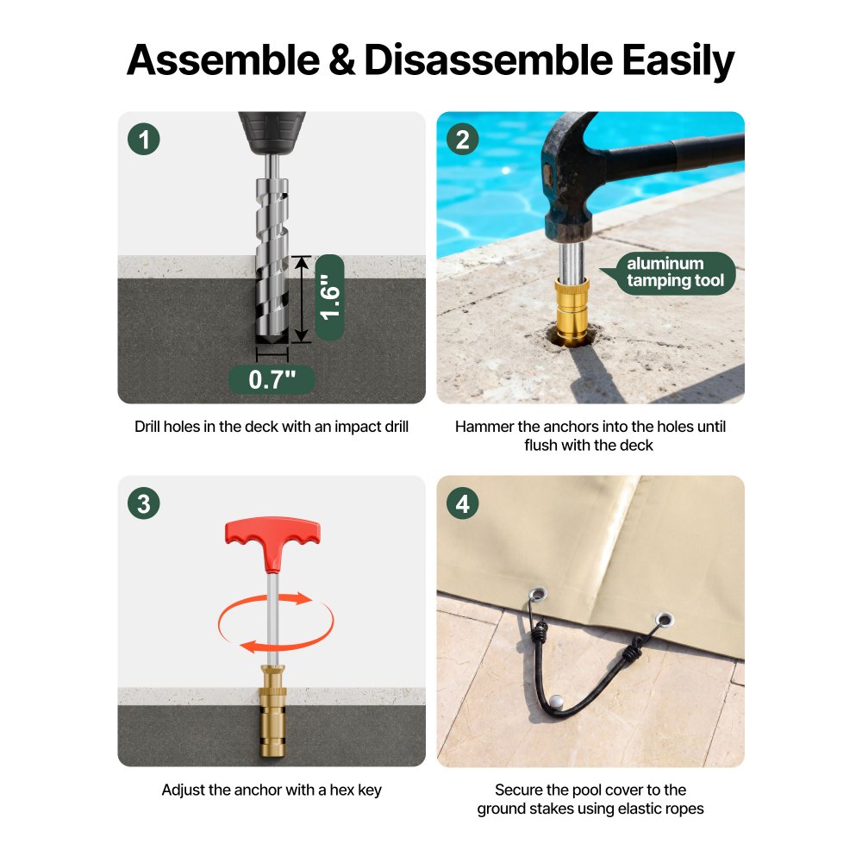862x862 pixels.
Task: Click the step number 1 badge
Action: coord(143,139)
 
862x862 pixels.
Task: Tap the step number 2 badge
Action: coord(462,139)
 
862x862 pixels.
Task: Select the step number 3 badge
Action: coord(143,503)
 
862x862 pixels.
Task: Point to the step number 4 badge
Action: coord(462,503)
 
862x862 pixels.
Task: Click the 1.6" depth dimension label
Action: coord(330,297)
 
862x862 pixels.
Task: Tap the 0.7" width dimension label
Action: coord(272,379)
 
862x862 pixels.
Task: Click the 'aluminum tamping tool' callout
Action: coord(675,272)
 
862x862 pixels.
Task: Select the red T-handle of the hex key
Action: coord(272,541)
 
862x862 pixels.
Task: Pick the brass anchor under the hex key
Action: coord(272,711)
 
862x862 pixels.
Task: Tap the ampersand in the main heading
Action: coord(341,60)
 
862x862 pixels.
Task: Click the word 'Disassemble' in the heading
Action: coord(488,60)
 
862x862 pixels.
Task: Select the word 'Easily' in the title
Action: coord(678,61)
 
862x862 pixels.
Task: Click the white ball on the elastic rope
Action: coord(556,702)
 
